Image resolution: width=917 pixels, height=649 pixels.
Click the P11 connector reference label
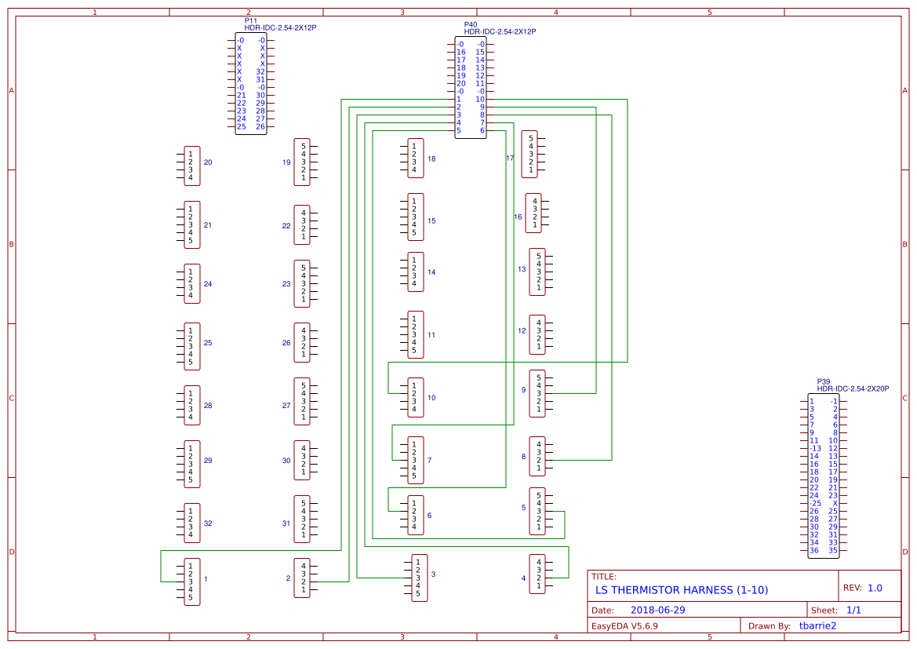[x=250, y=20]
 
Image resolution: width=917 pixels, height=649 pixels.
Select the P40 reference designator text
[x=470, y=24]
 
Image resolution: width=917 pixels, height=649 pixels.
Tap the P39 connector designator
[x=823, y=381]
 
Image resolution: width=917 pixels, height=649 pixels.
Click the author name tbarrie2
[x=817, y=626]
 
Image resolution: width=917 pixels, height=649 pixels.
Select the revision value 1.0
[x=875, y=588]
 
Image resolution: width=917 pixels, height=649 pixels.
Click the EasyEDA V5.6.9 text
[x=624, y=626]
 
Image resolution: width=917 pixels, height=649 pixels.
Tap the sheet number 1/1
[x=853, y=611]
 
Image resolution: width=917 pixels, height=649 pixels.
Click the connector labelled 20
[x=191, y=166]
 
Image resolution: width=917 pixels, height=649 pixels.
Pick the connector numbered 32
[x=191, y=523]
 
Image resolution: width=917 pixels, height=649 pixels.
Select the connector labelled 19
[x=302, y=162]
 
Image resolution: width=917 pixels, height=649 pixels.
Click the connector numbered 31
[x=302, y=520]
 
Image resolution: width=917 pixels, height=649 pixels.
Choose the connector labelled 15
[x=416, y=217]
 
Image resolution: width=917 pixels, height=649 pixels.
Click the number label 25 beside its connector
[x=208, y=343]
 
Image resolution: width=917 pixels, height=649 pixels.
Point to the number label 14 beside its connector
[x=431, y=272]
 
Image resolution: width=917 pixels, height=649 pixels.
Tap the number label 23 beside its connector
[x=286, y=284]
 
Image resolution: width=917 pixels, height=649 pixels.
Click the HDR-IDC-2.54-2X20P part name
[x=853, y=388]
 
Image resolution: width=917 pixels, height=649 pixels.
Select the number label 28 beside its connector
[x=208, y=406]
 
